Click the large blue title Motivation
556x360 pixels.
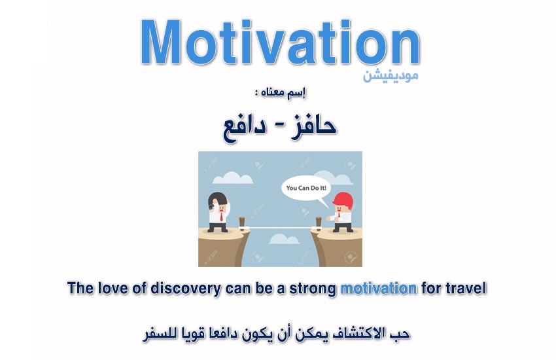point(280,42)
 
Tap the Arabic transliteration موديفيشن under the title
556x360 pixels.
point(391,75)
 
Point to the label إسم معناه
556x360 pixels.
point(281,93)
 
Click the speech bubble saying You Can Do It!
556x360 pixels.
point(306,189)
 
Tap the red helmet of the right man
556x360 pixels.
point(343,200)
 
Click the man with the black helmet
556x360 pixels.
point(218,212)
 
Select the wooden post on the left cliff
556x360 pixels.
point(242,223)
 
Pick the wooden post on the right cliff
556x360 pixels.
point(319,223)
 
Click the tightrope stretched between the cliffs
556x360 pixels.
point(280,228)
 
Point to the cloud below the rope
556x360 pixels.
point(284,240)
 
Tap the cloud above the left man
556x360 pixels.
point(232,177)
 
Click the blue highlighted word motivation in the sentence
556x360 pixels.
point(379,288)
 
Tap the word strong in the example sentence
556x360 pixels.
point(313,289)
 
